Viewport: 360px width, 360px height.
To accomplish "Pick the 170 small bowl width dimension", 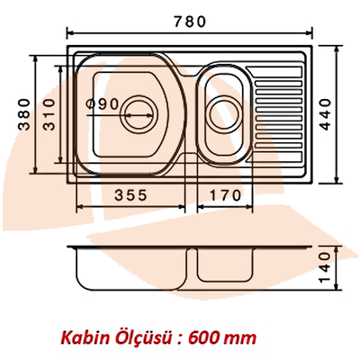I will click(x=226, y=194).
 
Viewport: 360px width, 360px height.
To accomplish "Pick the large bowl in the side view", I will click(x=130, y=271).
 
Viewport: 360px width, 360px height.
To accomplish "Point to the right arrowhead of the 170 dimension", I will click(x=252, y=206).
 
